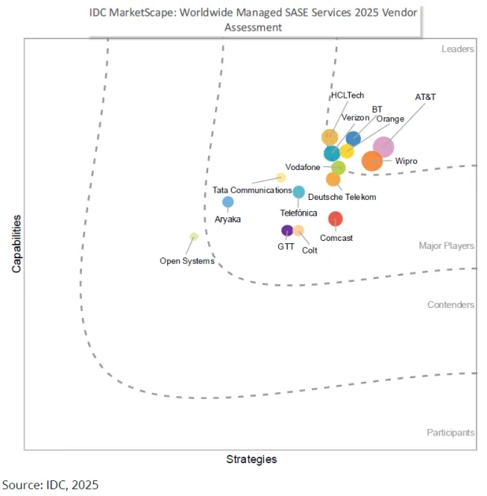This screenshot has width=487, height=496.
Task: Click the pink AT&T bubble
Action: (x=383, y=146)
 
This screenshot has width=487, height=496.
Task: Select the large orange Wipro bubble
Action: (x=372, y=161)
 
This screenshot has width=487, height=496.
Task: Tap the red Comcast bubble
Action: (x=336, y=219)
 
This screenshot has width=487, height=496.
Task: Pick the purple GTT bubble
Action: (x=287, y=231)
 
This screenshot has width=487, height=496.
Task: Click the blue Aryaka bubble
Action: (x=228, y=202)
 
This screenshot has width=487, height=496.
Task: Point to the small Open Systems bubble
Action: (x=194, y=236)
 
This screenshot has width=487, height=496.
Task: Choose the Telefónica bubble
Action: (x=299, y=191)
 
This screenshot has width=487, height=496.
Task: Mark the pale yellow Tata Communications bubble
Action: (x=281, y=178)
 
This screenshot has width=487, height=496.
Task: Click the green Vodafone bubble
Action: (x=338, y=168)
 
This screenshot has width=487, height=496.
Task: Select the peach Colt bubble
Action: (x=299, y=231)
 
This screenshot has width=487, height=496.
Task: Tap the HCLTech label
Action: (x=347, y=95)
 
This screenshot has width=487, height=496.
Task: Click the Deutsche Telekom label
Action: (x=342, y=197)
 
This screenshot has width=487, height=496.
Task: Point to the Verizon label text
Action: (x=355, y=118)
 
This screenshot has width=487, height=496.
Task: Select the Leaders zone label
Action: (x=457, y=49)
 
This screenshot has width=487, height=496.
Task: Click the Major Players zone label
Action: (x=446, y=246)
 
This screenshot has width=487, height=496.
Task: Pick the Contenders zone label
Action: (x=451, y=305)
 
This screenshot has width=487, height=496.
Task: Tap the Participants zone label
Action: (x=451, y=432)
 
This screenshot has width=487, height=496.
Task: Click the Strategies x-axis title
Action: (x=251, y=459)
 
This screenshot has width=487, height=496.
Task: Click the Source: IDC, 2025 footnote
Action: (x=50, y=483)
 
